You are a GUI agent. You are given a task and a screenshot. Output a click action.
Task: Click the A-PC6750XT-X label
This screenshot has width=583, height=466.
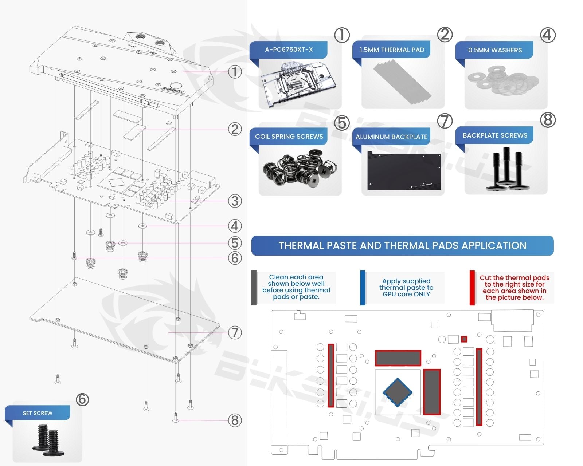[x=289, y=50]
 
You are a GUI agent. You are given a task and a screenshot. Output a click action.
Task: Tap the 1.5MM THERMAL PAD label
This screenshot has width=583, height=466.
[x=392, y=50]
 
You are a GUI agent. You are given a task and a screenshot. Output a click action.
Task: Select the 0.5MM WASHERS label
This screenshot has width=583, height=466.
[x=495, y=50]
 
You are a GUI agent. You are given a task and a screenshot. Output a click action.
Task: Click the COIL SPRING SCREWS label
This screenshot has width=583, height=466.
[x=289, y=137]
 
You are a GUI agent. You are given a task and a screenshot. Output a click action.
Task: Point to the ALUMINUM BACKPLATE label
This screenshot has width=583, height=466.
[x=391, y=137]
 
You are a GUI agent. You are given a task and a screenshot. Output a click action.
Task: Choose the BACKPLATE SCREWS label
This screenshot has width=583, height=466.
[x=495, y=135]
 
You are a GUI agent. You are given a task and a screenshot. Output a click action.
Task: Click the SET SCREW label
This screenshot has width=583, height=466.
[x=38, y=413]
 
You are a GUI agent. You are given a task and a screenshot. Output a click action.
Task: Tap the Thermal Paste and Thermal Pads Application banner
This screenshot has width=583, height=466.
[x=402, y=246]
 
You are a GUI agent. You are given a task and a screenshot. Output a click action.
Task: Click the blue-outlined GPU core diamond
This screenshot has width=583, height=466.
[x=397, y=392]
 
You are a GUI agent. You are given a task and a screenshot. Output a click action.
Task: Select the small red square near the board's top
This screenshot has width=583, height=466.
[x=464, y=339]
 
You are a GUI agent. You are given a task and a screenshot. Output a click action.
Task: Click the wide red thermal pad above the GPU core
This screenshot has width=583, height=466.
[x=398, y=358]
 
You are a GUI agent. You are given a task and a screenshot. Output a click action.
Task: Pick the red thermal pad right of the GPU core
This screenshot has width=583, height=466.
[x=432, y=392]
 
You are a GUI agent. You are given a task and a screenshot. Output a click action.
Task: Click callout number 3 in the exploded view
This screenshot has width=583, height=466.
[x=235, y=201]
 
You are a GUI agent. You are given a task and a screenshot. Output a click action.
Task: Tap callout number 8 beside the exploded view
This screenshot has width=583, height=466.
[x=235, y=420]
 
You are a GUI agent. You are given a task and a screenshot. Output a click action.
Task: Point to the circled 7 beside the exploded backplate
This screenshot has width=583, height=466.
[x=235, y=332]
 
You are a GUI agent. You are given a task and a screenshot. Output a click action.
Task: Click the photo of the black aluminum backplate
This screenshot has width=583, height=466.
[x=404, y=170]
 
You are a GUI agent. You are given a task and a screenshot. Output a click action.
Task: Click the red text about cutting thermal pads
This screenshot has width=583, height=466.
[x=514, y=288]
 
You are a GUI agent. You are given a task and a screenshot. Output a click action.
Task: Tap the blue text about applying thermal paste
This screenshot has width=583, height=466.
[x=406, y=288]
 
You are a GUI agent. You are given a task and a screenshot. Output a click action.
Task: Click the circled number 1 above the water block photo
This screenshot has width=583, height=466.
[x=342, y=35]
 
